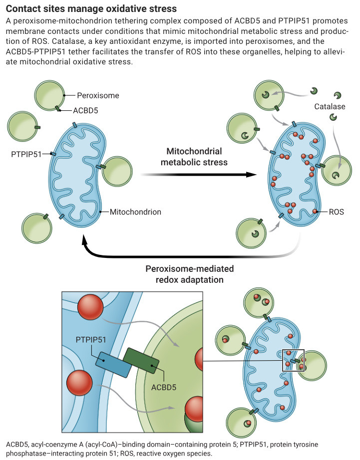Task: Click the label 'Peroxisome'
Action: coord(98,95)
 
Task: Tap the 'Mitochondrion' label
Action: coord(135,212)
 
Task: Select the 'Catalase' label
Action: coord(330,106)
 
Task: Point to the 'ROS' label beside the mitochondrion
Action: coord(336,212)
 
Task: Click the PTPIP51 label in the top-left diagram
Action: coord(26,154)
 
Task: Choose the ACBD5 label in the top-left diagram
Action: coord(85,111)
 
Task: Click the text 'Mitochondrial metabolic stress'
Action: coord(194,157)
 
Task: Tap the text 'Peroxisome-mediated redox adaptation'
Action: coord(190,274)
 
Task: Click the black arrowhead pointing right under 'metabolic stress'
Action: coord(251,175)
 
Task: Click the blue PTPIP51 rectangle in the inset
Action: coord(113,365)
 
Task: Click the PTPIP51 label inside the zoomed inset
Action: coord(91,340)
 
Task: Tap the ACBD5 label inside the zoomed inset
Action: coord(164,388)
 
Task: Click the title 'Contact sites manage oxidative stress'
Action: coord(91,8)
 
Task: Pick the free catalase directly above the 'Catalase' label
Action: coord(338,95)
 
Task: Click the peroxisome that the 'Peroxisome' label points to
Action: coord(49,95)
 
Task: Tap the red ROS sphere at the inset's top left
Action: coord(90,307)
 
